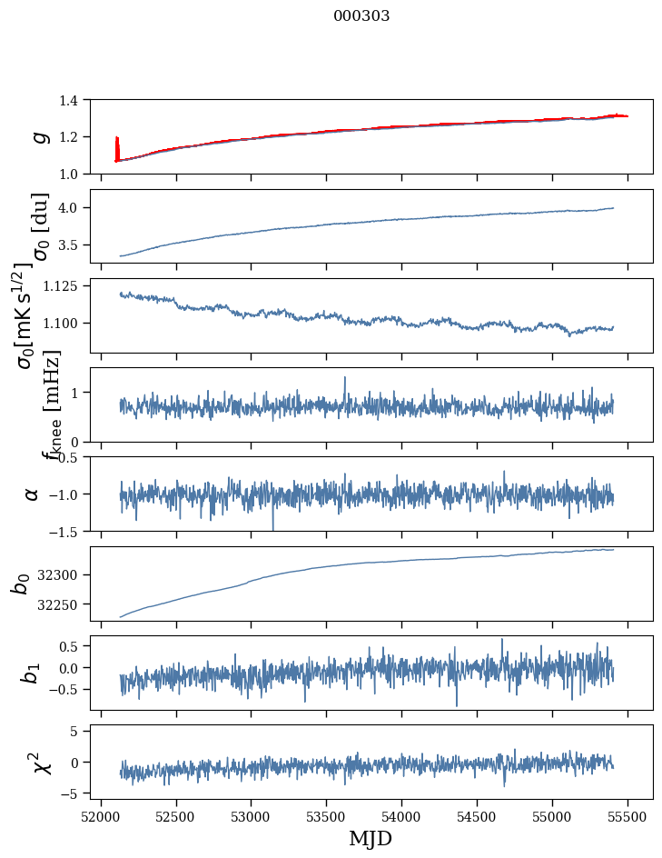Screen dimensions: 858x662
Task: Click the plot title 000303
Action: tap(361, 15)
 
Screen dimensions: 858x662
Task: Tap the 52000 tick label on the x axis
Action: tap(101, 814)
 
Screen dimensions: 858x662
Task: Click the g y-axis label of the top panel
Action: tap(38, 137)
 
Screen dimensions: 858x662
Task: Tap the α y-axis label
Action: tap(33, 494)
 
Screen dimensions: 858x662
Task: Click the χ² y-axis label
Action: tap(41, 762)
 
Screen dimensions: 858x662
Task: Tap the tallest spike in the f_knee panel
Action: tap(344, 378)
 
